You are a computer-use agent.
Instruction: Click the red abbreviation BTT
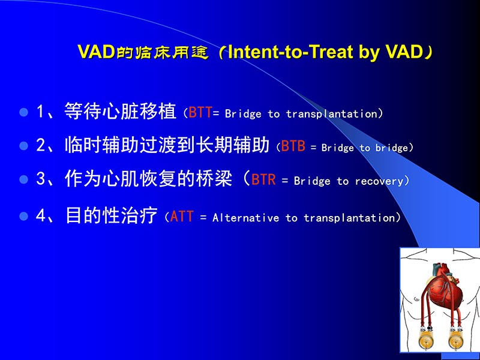200,113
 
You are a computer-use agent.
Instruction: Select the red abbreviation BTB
293,146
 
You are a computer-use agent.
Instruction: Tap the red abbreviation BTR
263,180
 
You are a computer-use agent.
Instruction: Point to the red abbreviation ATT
182,217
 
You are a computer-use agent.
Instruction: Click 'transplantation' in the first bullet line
332,114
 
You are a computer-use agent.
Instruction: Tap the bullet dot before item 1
25,112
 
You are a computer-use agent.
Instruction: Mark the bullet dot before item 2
25,146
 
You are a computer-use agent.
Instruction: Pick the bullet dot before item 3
25,179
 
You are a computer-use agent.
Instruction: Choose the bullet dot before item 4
25,216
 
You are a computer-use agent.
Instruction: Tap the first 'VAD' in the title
96,52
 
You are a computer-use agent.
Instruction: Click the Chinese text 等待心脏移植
120,112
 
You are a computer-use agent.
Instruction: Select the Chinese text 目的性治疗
111,216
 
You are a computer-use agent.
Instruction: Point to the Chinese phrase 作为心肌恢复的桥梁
148,179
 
